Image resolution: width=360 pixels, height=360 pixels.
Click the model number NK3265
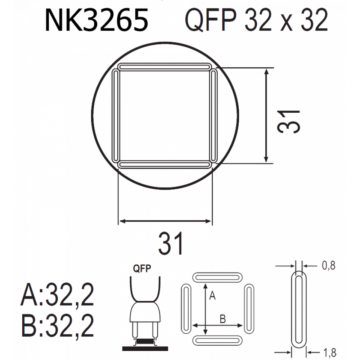(96, 20)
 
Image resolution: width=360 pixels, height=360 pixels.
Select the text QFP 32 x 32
(256, 20)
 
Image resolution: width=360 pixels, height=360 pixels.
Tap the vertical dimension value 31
(289, 122)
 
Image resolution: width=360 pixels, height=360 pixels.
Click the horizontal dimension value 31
(171, 243)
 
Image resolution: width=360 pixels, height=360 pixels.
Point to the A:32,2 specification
(57, 294)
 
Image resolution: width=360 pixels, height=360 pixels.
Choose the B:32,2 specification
(57, 325)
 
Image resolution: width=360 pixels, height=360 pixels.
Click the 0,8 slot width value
(329, 265)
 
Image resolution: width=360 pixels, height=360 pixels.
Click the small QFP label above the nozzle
(142, 269)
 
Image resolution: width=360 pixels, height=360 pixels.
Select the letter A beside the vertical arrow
(212, 295)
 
